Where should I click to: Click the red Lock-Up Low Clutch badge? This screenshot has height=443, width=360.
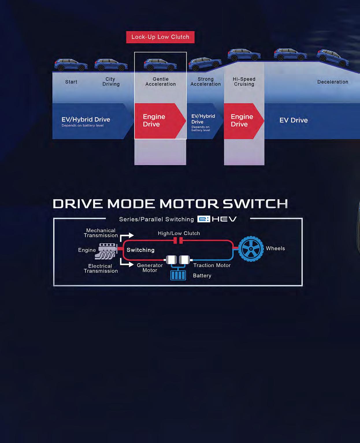click(160, 37)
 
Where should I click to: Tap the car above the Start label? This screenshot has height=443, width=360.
click(71, 65)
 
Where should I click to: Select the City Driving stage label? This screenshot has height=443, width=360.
click(111, 82)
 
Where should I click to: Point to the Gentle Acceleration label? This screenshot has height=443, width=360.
click(160, 82)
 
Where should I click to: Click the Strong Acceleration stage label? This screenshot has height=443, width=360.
click(205, 82)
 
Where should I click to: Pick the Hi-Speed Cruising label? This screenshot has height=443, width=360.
click(244, 82)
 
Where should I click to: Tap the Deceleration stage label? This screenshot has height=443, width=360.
click(333, 82)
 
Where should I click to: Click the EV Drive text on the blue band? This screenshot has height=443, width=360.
click(294, 120)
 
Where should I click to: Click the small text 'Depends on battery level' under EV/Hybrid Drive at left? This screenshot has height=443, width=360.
click(82, 126)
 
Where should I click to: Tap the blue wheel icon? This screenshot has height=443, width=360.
click(251, 249)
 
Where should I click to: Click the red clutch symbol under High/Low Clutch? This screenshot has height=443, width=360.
click(178, 240)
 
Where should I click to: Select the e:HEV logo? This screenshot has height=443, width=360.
click(217, 219)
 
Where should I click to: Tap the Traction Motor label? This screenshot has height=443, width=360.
click(212, 266)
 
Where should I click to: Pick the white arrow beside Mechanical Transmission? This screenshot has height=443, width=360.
click(127, 236)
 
